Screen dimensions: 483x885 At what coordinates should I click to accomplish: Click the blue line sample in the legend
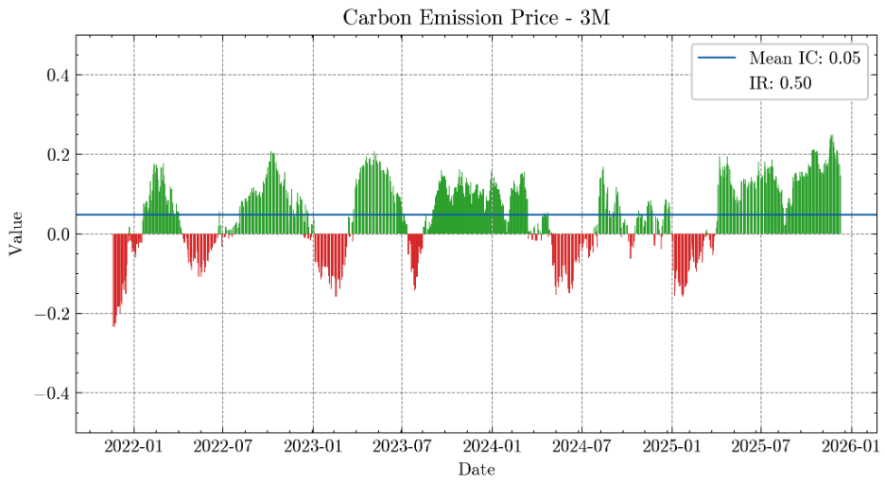pos(716,59)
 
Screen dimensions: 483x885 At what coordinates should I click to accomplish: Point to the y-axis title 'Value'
pos(16,233)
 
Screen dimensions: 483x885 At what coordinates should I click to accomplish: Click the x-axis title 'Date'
pos(476,469)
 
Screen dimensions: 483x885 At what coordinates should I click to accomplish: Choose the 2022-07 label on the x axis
pos(222,446)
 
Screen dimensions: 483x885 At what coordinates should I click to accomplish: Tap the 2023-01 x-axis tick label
pos(312,446)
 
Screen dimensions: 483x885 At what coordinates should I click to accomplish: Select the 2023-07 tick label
pos(401,446)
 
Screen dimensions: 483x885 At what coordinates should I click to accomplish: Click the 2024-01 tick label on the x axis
pos(492,446)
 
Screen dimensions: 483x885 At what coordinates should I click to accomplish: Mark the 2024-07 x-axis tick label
pos(581,446)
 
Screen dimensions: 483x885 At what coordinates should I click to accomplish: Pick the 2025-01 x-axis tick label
pos(671,446)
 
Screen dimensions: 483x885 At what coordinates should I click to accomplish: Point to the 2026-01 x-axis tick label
pos(851,446)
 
